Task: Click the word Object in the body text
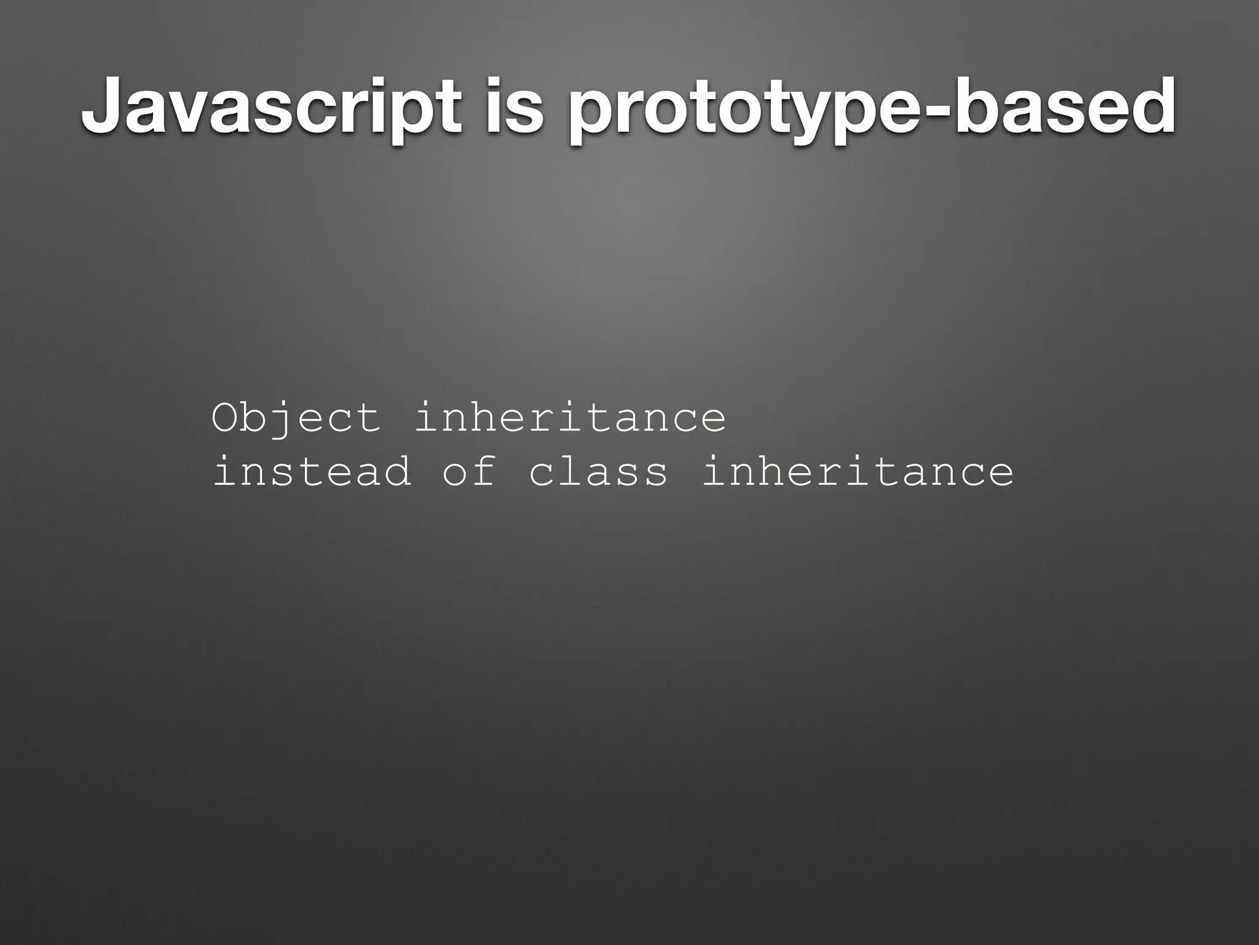coord(296,418)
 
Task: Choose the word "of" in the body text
coord(470,471)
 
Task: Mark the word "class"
coord(598,471)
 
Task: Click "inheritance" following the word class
coord(858,471)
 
